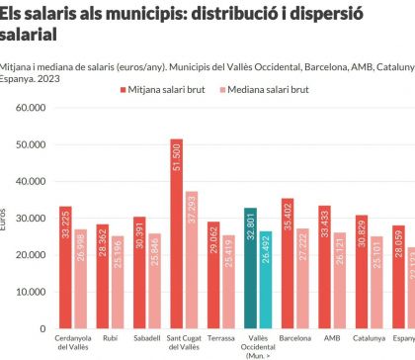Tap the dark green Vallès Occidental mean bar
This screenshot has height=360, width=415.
pos(250,268)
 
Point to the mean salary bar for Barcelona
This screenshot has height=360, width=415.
pos(288,263)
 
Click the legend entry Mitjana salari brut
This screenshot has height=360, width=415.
pos(169,89)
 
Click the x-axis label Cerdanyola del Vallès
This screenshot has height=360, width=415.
pos(76,341)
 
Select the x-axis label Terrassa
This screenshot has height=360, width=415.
pos(221,336)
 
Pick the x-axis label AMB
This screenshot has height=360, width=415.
pos(332,336)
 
